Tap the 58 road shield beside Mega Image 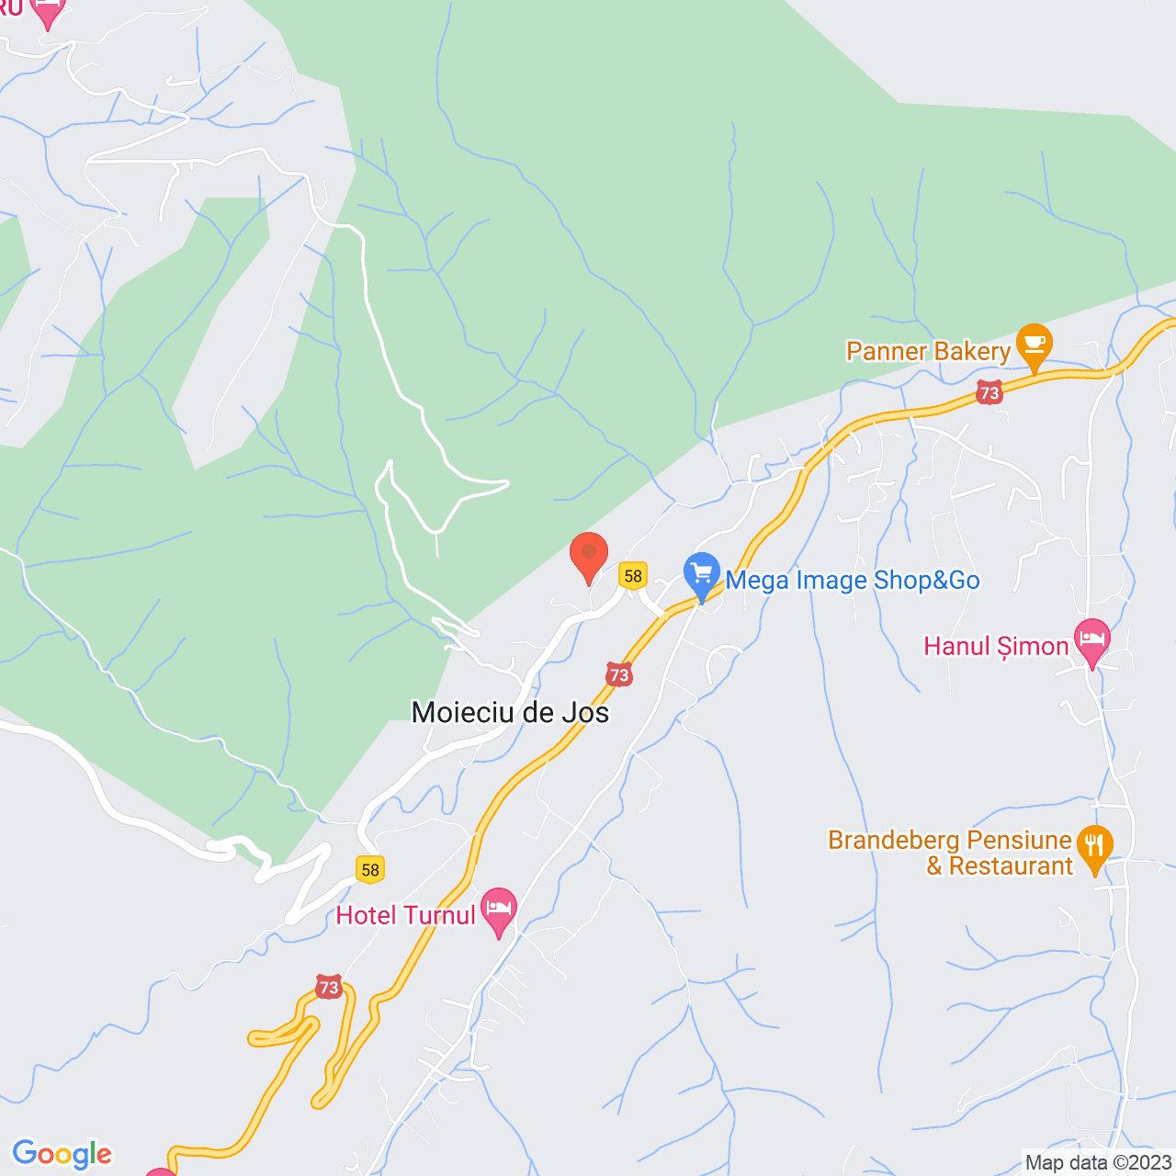[633, 576]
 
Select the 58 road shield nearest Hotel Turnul [370, 869]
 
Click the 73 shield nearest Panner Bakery [989, 392]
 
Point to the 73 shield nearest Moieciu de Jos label [619, 674]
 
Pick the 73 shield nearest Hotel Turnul [329, 988]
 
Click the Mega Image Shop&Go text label [853, 581]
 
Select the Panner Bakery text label [928, 351]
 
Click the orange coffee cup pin [1035, 345]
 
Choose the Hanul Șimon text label [996, 646]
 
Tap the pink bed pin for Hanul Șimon [1091, 641]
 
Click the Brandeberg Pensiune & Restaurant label [951, 853]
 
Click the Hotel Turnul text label [406, 915]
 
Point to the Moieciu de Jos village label [510, 712]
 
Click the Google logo [62, 1154]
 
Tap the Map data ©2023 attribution [1098, 1162]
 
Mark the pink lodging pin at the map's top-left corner [47, 11]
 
